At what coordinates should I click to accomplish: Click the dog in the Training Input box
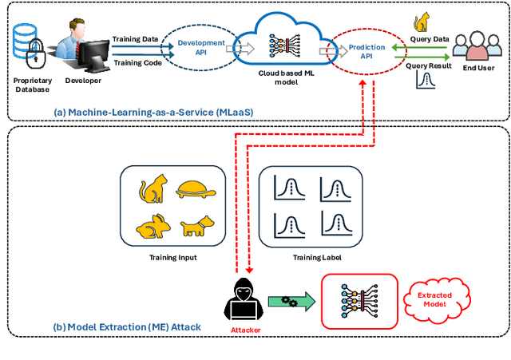tap(198, 228)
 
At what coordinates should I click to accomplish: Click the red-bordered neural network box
tap(358, 301)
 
